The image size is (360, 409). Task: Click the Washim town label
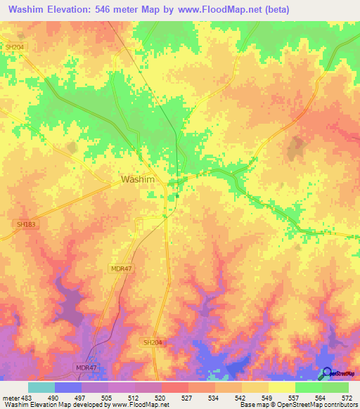138,179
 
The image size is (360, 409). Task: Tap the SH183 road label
25,224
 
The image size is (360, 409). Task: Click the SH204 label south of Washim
153,342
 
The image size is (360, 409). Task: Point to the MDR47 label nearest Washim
121,268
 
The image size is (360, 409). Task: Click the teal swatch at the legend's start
41,387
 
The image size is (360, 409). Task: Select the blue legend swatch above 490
67,387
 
